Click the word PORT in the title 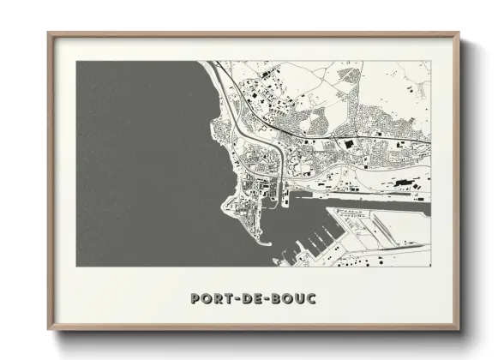point(211,298)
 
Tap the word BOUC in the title point(292,298)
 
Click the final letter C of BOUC point(310,298)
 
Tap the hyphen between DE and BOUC point(265,299)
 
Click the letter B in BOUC point(275,298)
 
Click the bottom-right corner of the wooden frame point(459,330)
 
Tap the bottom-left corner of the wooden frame point(49,330)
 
